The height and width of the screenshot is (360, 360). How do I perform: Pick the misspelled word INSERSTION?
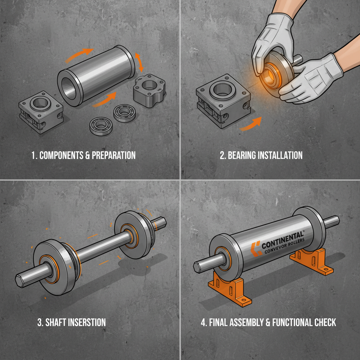[86, 322]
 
